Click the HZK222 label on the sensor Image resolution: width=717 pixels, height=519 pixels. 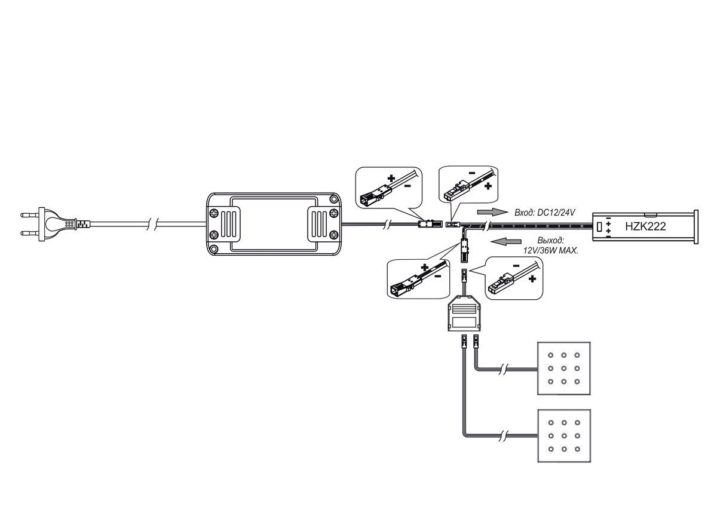645,226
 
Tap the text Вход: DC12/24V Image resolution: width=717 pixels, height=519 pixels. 545,212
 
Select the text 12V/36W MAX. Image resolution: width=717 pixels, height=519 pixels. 551,250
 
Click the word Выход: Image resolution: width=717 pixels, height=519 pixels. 551,240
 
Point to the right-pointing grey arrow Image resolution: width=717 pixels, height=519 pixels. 492,212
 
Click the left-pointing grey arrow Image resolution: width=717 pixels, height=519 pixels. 506,241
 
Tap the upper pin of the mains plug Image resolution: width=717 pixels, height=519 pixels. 30,214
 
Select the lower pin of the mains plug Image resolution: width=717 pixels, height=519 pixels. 30,234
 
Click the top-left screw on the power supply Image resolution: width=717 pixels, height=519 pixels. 214,213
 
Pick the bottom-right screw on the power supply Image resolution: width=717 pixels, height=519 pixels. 333,235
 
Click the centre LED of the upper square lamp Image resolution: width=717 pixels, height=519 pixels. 563,368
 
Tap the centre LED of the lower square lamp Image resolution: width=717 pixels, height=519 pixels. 564,436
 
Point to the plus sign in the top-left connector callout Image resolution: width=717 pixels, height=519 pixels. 391,178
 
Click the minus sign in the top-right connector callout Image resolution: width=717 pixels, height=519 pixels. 472,173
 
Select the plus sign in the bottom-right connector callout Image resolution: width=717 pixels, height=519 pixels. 532,279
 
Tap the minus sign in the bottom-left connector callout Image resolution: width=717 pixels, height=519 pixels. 438,276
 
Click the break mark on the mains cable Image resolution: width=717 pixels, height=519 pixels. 153,225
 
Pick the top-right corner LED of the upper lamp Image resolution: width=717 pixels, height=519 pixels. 577,355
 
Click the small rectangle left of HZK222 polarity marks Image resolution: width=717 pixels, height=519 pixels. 600,226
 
